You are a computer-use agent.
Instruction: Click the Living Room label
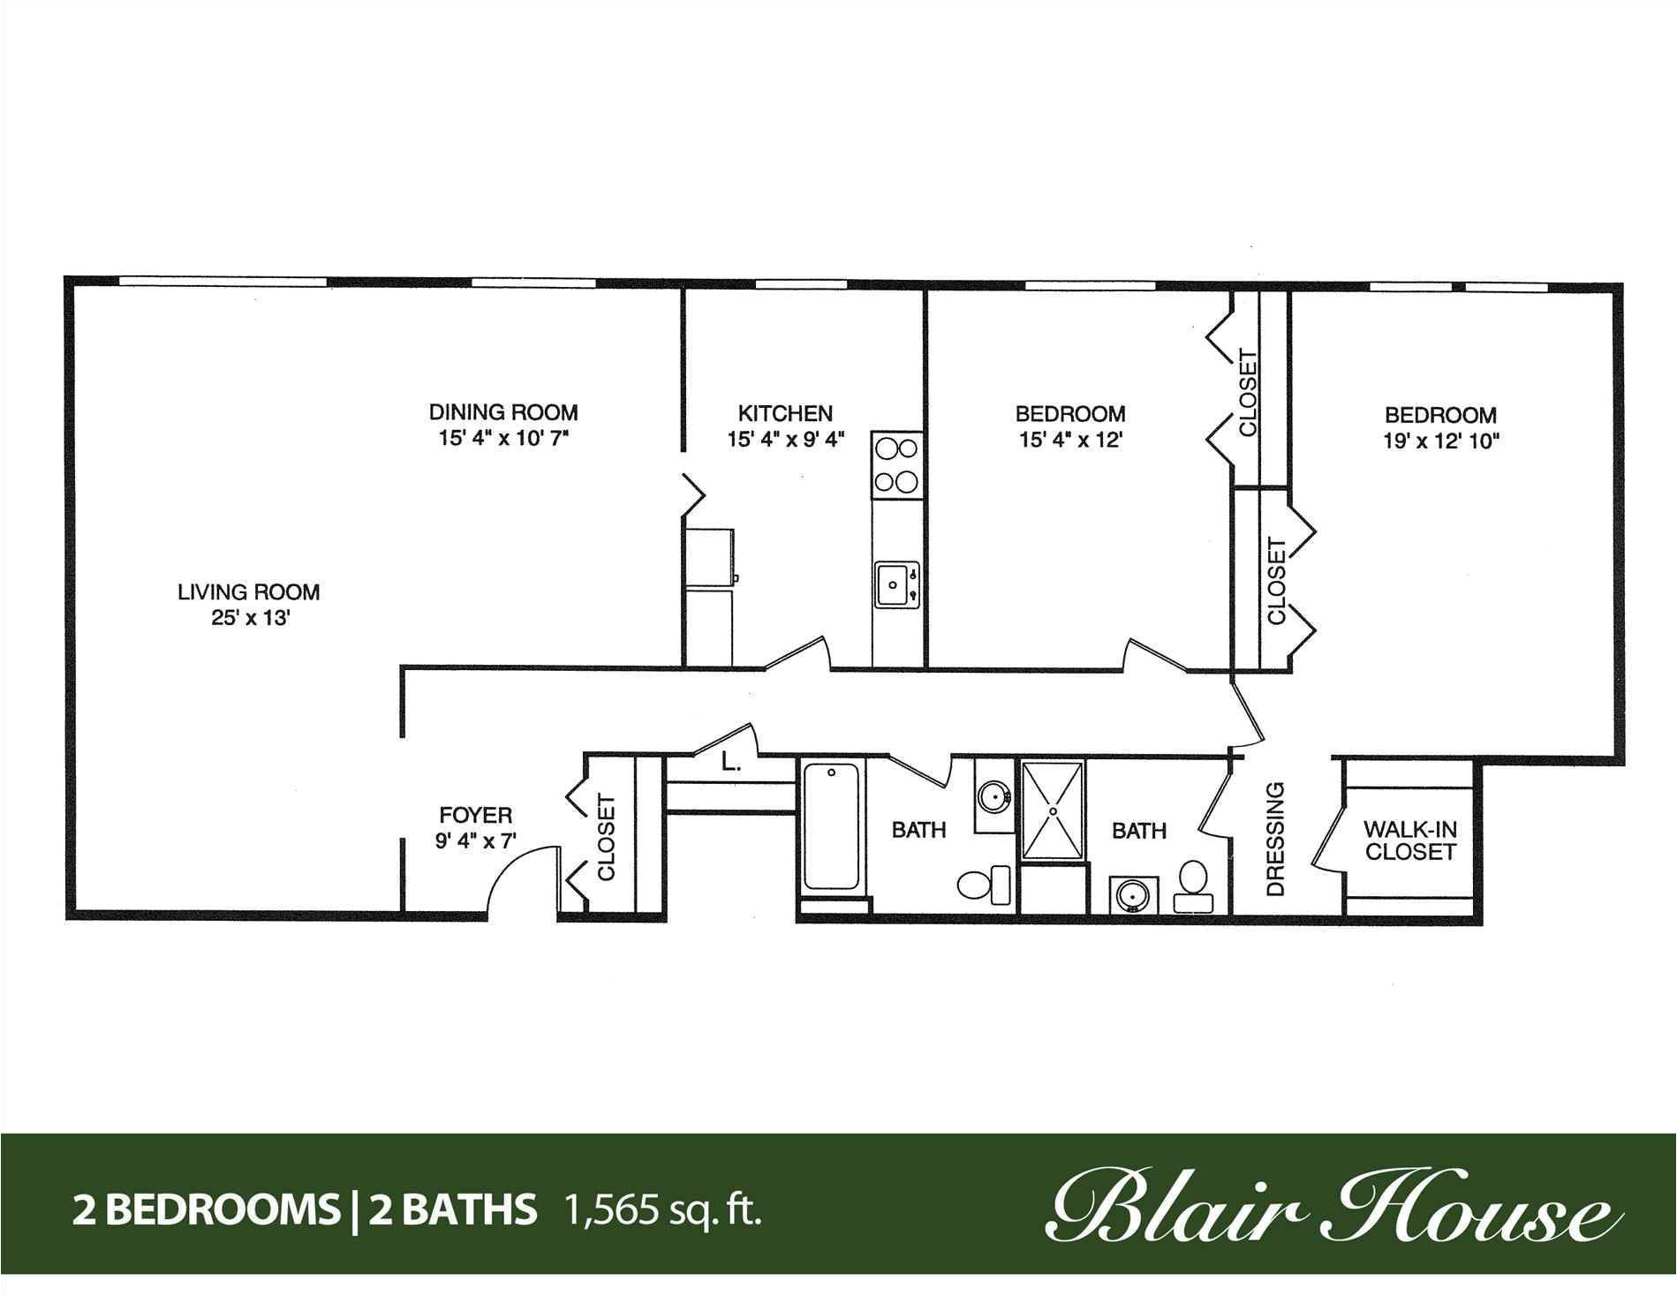249,591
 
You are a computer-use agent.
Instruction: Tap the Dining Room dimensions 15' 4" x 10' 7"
502,439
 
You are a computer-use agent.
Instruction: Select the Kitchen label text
785,413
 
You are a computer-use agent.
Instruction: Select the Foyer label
476,815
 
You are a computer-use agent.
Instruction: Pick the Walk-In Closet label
1410,840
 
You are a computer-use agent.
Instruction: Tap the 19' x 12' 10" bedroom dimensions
1442,441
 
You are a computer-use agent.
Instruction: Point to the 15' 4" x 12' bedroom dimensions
1070,440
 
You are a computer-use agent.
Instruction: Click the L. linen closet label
730,762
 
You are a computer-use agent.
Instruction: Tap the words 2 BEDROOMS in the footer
203,1210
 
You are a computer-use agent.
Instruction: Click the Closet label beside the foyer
607,838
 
